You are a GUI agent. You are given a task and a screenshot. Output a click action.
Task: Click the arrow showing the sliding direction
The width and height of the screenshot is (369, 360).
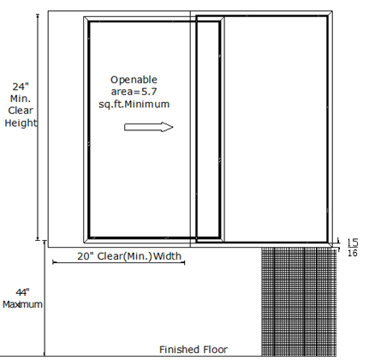148,127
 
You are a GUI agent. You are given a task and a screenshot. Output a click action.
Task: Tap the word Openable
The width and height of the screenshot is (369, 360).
134,80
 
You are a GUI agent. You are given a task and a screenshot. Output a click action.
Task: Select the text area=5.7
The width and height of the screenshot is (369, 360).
134,92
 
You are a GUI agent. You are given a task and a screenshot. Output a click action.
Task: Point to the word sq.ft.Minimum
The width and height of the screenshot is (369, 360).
134,104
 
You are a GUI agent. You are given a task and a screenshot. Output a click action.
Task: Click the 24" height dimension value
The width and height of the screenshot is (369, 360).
21,87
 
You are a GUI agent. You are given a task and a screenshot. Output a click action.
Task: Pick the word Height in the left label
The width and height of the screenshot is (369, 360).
21,123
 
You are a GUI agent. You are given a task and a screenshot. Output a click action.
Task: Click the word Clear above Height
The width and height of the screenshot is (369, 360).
21,111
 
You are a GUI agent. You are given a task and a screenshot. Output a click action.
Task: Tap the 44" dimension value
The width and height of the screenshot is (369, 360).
22,292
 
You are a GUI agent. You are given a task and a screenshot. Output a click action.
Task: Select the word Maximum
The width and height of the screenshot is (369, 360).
22,304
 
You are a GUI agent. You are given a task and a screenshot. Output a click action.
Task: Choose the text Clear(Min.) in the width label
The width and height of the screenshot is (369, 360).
124,256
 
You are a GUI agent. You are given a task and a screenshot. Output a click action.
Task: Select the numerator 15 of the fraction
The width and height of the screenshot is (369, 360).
353,243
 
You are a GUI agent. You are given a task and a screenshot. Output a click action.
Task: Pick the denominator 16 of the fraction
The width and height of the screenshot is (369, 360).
353,253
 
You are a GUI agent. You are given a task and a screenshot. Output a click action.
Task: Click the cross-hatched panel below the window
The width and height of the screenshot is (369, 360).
299,302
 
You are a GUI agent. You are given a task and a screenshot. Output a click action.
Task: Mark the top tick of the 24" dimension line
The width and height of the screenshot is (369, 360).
38,15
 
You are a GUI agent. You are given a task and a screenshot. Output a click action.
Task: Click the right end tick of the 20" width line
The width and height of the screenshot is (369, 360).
185,262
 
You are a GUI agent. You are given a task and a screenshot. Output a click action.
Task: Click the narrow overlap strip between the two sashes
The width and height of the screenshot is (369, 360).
208,129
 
